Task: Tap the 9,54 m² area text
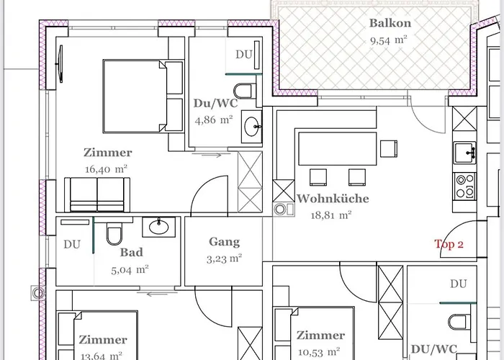pyautogui.click(x=389, y=41)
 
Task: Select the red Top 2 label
pyautogui.click(x=449, y=244)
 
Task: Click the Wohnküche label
pyautogui.click(x=333, y=199)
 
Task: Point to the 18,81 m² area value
pyautogui.click(x=330, y=215)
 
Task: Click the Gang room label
pyautogui.click(x=224, y=242)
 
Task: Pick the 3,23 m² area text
pyautogui.click(x=224, y=258)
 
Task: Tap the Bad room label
pyautogui.click(x=132, y=253)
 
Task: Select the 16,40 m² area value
pyautogui.click(x=107, y=169)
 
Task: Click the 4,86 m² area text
pyautogui.click(x=213, y=120)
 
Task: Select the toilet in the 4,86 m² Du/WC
pyautogui.click(x=247, y=91)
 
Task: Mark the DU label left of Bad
pyautogui.click(x=72, y=244)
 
